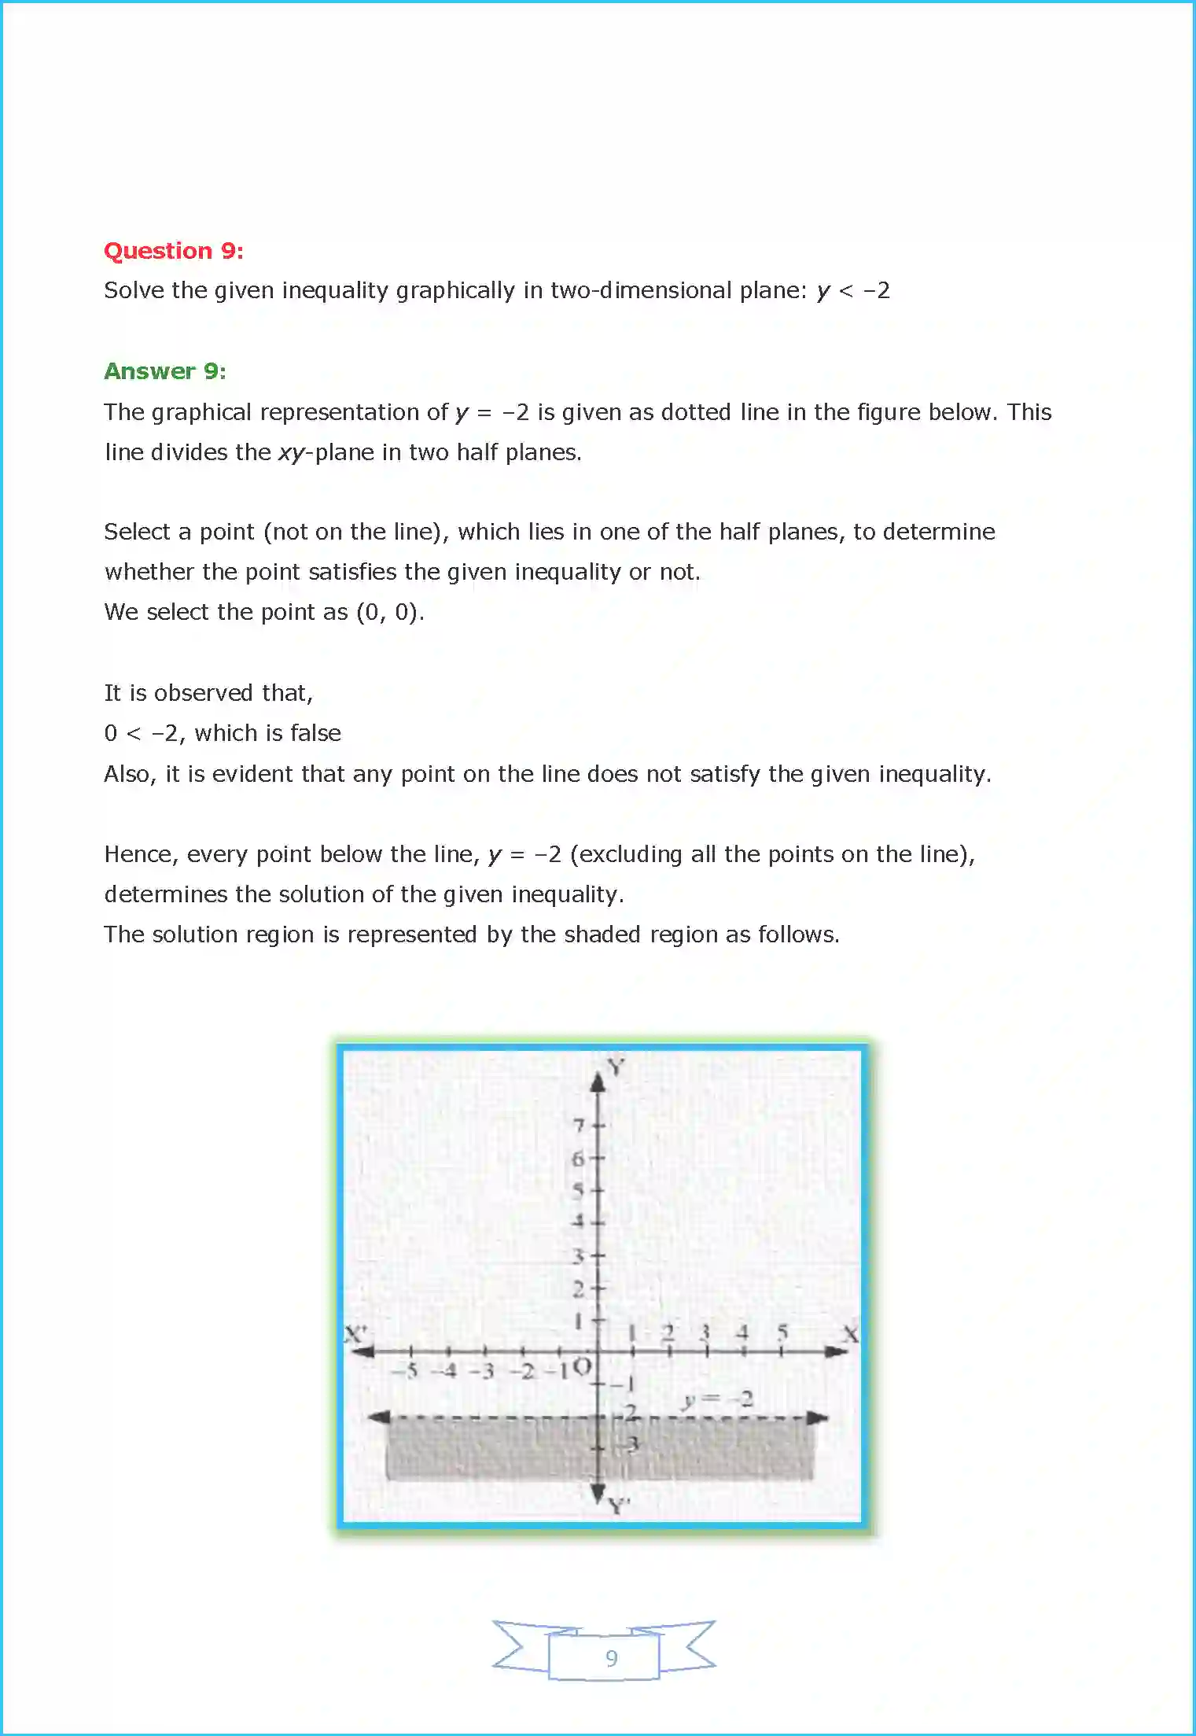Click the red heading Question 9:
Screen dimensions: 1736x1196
pos(174,251)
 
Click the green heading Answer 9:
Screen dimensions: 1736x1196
pos(165,371)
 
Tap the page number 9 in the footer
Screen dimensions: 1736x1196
pos(611,1658)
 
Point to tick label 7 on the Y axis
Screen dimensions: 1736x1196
pos(580,1126)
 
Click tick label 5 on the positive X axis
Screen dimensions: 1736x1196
pos(782,1332)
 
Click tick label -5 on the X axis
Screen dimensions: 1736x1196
pos(407,1371)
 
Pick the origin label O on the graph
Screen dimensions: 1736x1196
pos(581,1367)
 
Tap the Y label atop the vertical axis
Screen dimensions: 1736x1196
pos(616,1067)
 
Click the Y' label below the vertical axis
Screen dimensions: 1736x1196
pos(619,1506)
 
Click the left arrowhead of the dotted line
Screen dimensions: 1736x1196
pos(380,1417)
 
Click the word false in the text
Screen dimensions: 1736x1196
pos(315,733)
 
